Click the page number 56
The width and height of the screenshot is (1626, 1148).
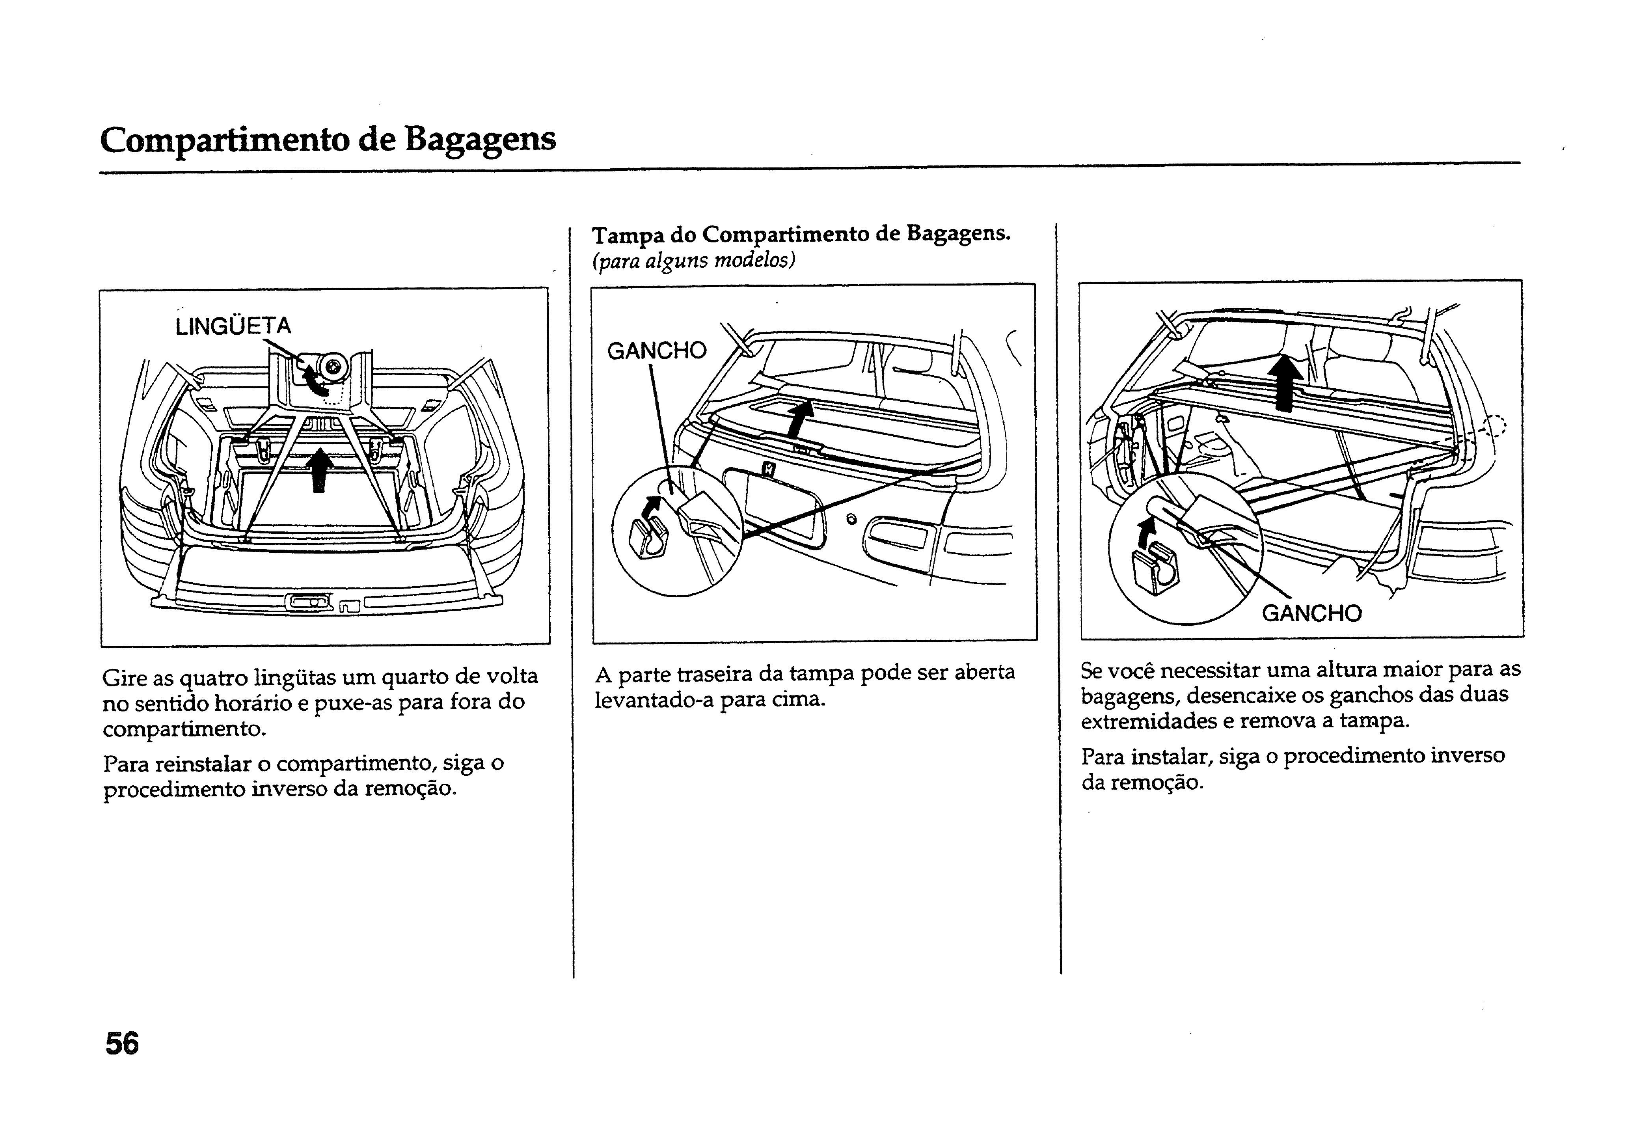point(122,1044)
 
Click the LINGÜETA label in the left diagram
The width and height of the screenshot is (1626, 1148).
point(233,326)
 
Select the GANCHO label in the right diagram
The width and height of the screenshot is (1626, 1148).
point(1311,613)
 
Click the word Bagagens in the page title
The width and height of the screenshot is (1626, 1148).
point(480,139)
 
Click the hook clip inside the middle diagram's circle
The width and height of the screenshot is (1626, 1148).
point(646,538)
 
